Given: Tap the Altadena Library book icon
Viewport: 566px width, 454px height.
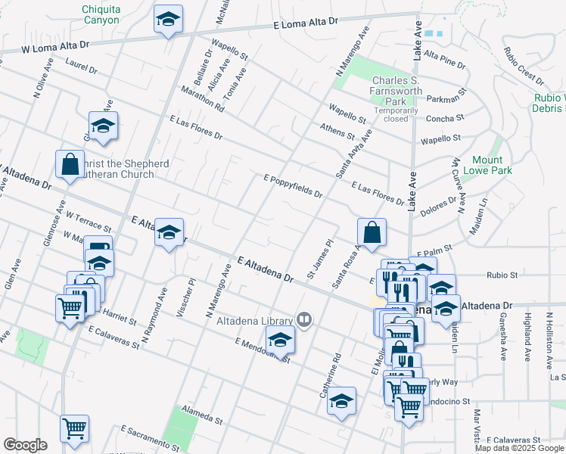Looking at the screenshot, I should click(303, 319).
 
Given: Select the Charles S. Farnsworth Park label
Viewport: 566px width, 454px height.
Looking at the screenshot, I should click(401, 95).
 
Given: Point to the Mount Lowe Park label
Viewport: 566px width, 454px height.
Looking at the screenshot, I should click(492, 165).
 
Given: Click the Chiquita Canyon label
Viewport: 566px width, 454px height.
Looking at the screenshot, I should click(101, 14).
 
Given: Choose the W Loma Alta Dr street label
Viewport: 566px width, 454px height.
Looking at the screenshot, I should click(55, 46).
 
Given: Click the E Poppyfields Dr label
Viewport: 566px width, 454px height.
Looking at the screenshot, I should click(293, 186).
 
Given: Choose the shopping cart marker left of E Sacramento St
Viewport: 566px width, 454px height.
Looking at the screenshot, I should click(74, 428).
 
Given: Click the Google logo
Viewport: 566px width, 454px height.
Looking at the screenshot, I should click(25, 445).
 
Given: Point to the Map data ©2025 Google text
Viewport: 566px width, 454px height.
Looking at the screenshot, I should click(520, 448).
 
